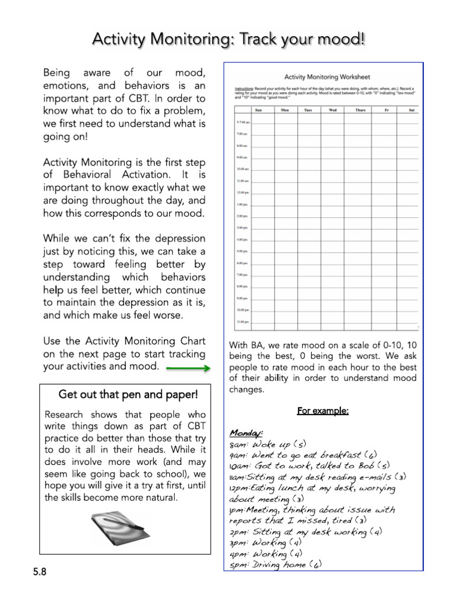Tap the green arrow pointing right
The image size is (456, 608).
click(188, 369)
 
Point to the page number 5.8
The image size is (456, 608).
click(40, 572)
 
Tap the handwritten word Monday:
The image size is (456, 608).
click(246, 433)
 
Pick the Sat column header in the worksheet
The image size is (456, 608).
click(411, 110)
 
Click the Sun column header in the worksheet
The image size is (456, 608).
click(258, 110)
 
